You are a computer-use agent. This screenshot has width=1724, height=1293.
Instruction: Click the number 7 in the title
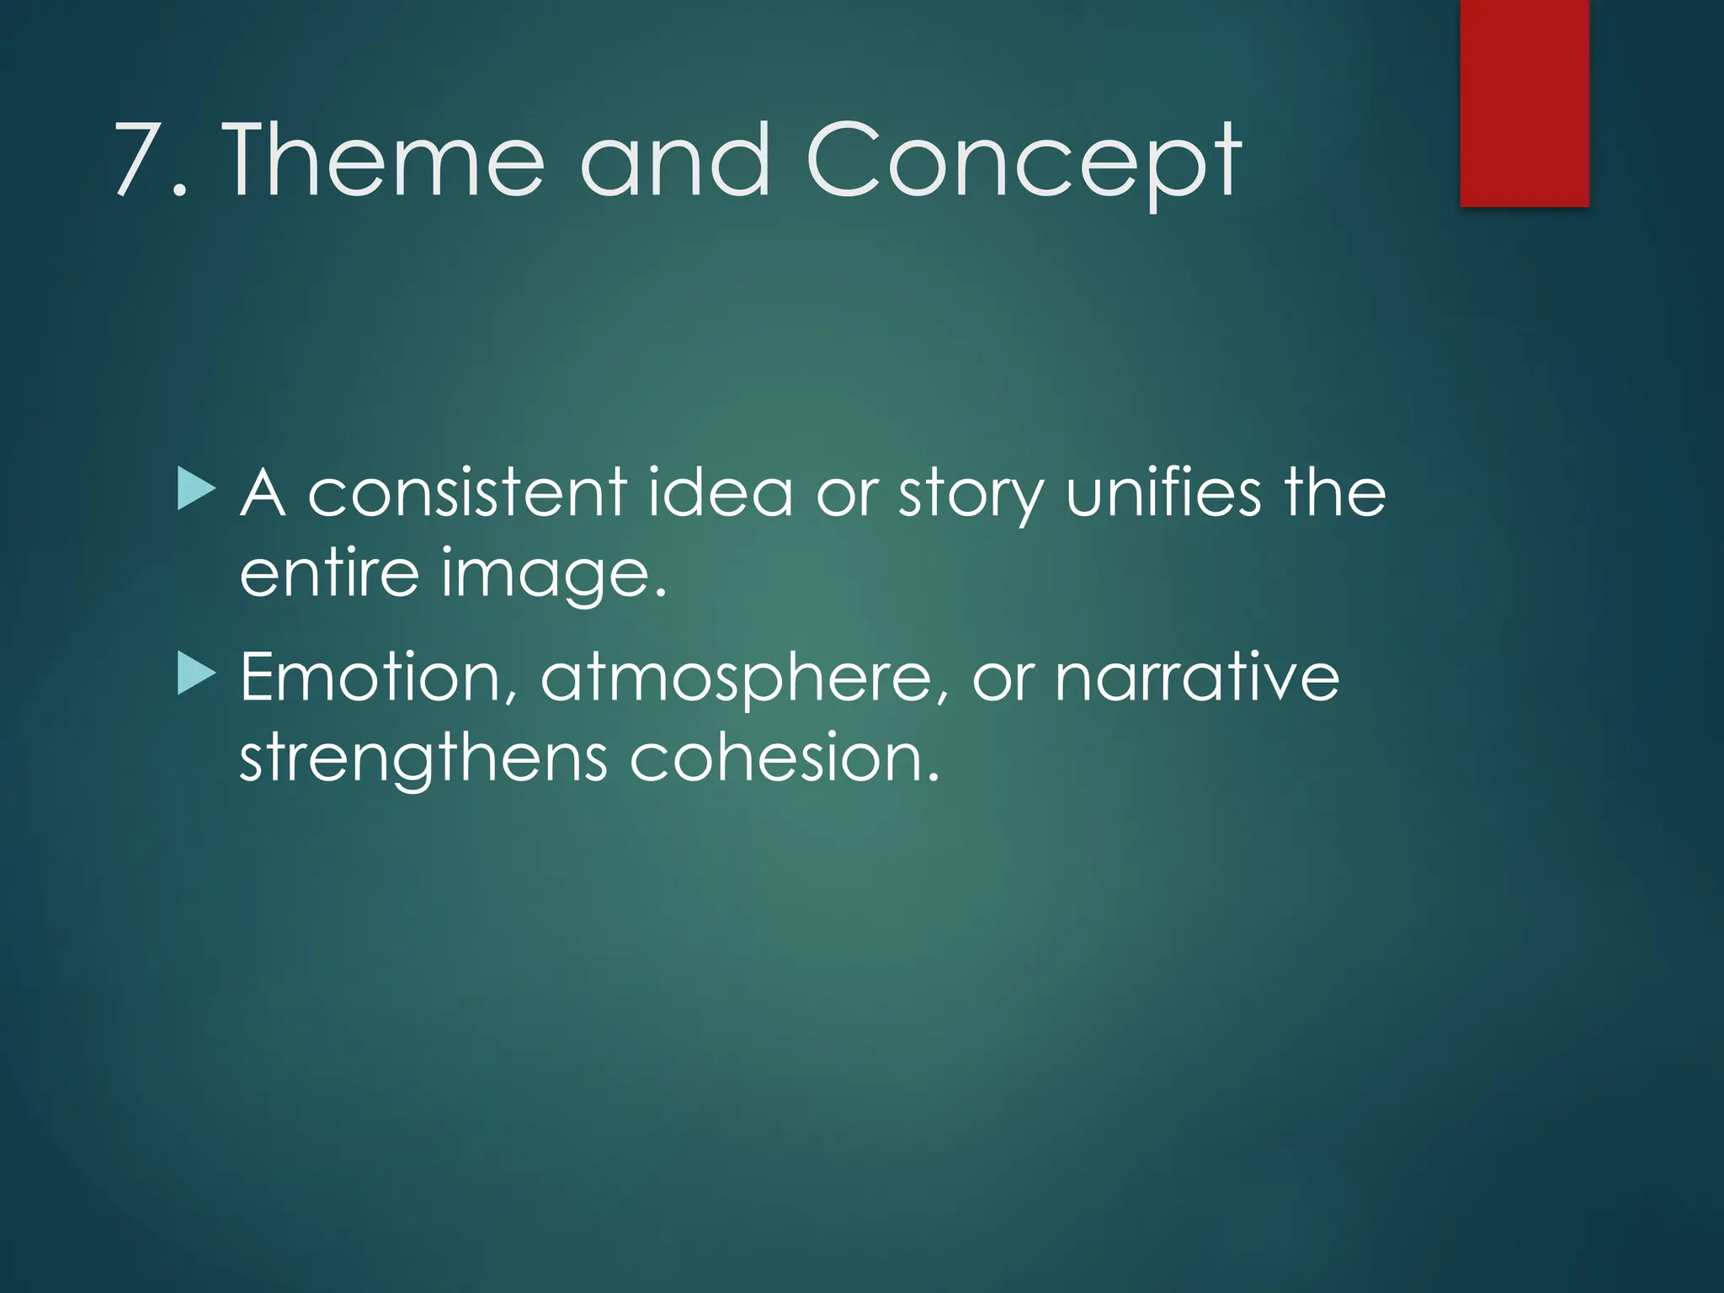(x=140, y=160)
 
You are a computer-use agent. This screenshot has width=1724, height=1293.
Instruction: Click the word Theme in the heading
(x=383, y=160)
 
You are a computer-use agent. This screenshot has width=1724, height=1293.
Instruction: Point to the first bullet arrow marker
(x=197, y=492)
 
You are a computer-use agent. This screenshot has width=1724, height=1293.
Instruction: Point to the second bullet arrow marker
(x=197, y=676)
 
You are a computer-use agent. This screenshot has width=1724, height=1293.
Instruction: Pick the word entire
(x=328, y=573)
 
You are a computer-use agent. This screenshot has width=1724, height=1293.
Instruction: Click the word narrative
(x=1196, y=678)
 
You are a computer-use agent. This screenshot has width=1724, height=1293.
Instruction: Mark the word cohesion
(x=783, y=758)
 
